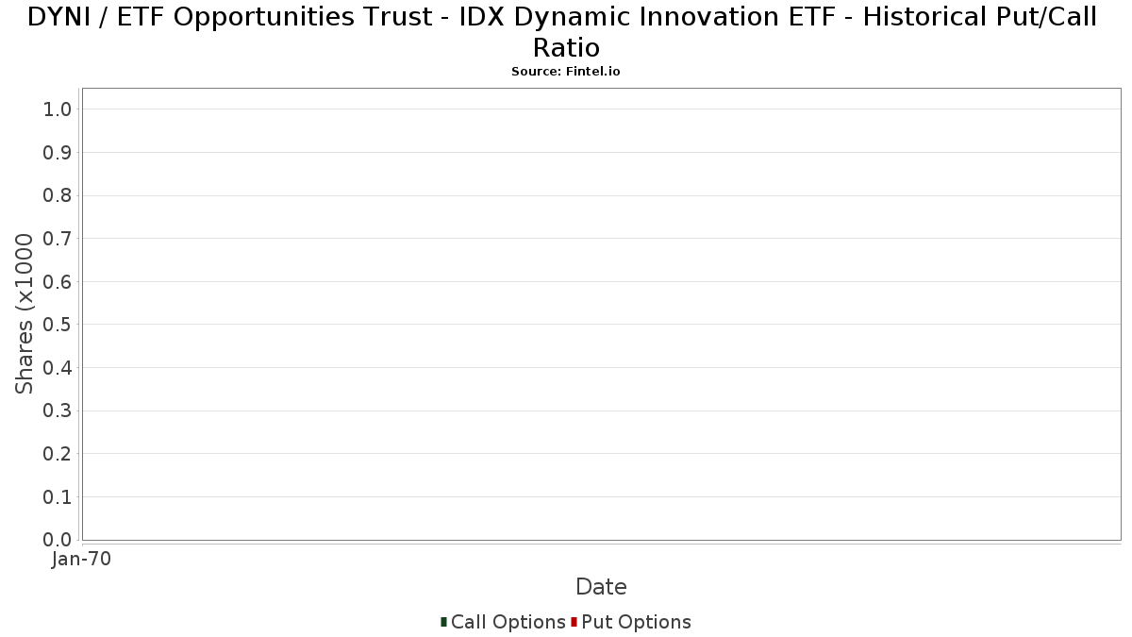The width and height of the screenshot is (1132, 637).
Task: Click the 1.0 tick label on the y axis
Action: coord(58,109)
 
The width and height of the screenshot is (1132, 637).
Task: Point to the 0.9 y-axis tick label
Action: coord(58,153)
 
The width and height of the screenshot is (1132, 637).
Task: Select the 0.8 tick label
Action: coord(58,195)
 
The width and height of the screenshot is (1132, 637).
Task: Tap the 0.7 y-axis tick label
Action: coord(58,239)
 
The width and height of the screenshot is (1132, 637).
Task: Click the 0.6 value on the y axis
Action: coord(58,281)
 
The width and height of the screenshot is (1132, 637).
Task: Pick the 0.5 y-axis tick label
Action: coord(58,325)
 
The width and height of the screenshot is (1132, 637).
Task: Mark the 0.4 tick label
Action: coord(58,368)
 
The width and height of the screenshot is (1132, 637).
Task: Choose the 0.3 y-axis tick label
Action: coord(58,411)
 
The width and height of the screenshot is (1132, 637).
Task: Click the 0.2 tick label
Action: coord(58,454)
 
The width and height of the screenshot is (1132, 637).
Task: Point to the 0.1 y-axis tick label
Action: coord(58,497)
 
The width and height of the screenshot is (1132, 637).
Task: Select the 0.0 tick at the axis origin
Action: coord(58,540)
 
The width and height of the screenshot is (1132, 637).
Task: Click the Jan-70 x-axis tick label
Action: coord(81,559)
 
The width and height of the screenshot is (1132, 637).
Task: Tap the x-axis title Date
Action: coord(602,587)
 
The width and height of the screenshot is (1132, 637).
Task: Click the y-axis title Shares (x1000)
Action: coord(25,313)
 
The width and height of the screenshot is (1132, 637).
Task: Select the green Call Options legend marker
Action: coord(443,622)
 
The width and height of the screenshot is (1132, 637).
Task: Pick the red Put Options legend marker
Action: coord(574,622)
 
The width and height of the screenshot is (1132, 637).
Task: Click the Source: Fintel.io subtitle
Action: coord(566,72)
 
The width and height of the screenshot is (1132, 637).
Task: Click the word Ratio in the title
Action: coord(567,48)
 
